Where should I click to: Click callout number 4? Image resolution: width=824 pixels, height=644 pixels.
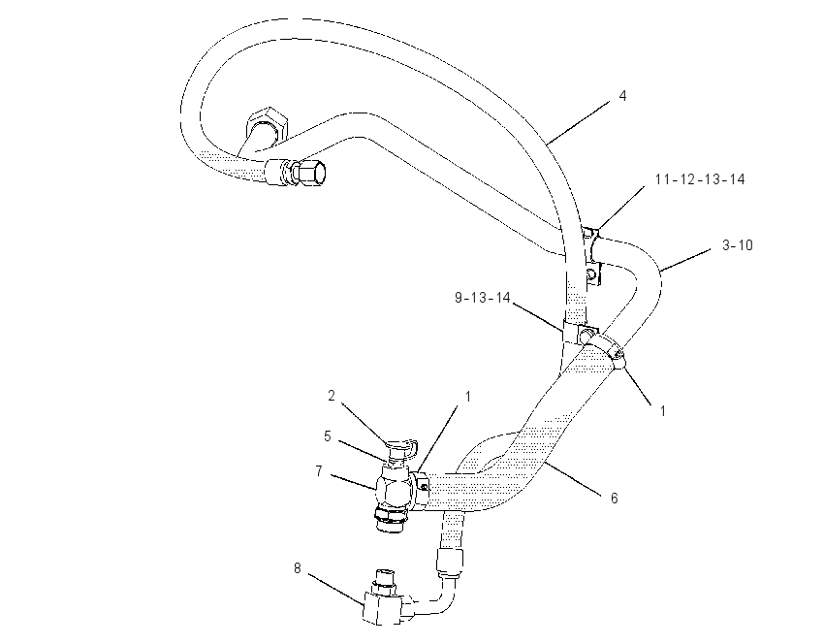point(622,96)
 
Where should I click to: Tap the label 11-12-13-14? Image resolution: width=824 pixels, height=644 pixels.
point(700,179)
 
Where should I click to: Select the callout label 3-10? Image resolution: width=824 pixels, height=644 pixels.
point(738,245)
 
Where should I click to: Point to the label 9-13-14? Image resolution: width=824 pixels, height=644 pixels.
point(483,298)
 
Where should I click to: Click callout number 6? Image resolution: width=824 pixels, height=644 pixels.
point(614,498)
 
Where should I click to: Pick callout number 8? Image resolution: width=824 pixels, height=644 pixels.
point(298,568)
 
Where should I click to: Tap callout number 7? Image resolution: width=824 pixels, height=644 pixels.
point(319,471)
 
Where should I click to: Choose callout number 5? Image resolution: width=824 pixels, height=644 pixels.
point(328,436)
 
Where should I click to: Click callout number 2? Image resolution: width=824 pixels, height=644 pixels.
point(332,396)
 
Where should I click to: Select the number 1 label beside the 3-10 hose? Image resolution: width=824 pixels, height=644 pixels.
point(663,410)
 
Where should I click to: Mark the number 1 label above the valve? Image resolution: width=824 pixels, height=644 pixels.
point(467,396)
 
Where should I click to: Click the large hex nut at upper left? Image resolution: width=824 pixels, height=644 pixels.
point(268,125)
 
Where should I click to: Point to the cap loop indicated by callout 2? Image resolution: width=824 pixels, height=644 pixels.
point(404,448)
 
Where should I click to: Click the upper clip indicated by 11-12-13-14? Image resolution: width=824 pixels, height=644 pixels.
point(591,255)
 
